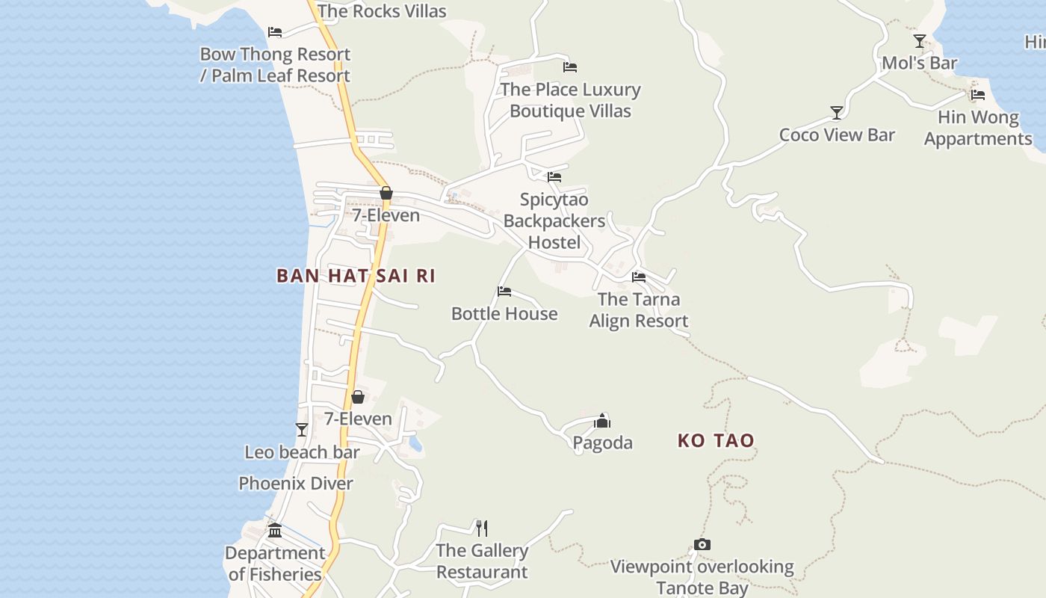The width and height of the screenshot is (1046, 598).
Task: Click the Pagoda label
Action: click(x=602, y=443)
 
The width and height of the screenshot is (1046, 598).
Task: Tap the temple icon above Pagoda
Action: click(x=602, y=422)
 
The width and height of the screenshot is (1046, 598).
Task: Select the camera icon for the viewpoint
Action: click(x=702, y=544)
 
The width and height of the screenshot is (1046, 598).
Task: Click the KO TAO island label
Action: click(x=716, y=440)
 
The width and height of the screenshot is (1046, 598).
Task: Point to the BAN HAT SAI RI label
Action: click(x=356, y=276)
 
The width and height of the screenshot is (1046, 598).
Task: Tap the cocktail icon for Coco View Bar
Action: click(x=837, y=113)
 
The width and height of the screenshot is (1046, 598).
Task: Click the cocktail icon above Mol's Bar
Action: click(x=920, y=41)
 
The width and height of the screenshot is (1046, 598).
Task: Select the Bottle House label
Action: click(x=504, y=313)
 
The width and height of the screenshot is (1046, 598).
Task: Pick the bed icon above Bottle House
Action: click(x=504, y=292)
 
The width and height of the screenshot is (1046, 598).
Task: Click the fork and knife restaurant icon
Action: click(x=482, y=528)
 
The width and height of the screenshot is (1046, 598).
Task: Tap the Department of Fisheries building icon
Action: click(x=275, y=531)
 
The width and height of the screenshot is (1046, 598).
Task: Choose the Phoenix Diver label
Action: click(x=296, y=483)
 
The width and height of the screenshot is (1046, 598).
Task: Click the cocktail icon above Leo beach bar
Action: click(x=302, y=429)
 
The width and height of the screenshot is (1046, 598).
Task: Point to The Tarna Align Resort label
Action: click(x=638, y=310)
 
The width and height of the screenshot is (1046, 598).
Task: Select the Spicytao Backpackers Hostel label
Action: click(x=554, y=221)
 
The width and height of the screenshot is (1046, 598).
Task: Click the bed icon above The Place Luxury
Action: click(x=570, y=67)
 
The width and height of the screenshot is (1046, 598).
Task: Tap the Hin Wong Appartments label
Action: click(x=978, y=128)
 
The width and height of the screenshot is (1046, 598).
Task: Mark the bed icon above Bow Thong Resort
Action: click(x=275, y=32)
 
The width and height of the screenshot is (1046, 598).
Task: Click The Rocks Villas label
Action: click(x=382, y=11)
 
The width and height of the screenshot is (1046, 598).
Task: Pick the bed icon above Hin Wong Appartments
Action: click(x=978, y=95)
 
